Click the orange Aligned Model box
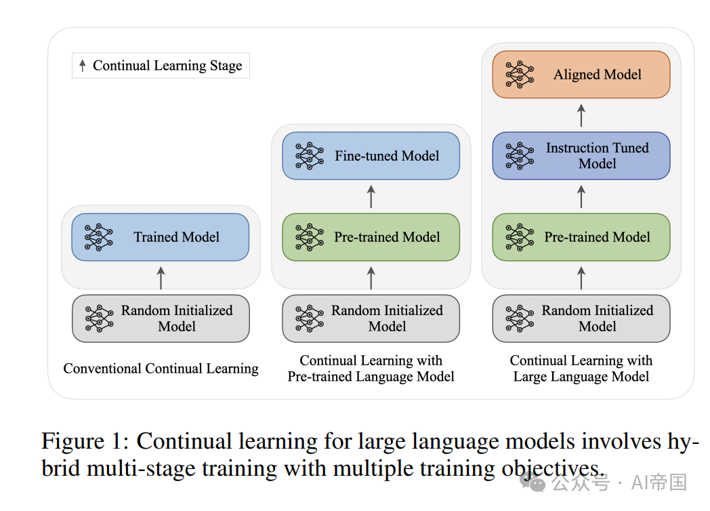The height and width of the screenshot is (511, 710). coord(581,75)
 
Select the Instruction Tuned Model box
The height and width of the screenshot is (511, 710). coord(581,156)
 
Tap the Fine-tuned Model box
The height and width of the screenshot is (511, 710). coord(371,156)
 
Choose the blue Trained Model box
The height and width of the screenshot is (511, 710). coord(161,237)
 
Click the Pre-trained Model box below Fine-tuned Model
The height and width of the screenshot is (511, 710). coord(371,237)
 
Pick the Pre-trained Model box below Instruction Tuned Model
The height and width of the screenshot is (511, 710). coord(581,237)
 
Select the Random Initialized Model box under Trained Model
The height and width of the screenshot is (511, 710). coord(161,318)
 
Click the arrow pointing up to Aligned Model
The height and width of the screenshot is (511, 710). coord(581,115)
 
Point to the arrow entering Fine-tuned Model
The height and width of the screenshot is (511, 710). coord(371,197)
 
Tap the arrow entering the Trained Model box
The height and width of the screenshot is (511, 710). coord(161,278)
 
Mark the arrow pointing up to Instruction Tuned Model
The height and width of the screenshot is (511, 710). coord(581,197)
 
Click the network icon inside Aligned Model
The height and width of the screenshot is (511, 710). coord(520,75)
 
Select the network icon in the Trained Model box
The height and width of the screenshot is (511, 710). coord(99,237)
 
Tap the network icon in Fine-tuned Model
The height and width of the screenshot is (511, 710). coord(310,156)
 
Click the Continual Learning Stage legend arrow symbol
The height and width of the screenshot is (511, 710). coord(83,66)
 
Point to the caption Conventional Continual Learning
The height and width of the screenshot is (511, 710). coord(161,369)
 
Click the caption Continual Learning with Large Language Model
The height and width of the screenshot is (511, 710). coord(581,369)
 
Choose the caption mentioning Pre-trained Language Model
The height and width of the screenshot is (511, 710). coord(371,369)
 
